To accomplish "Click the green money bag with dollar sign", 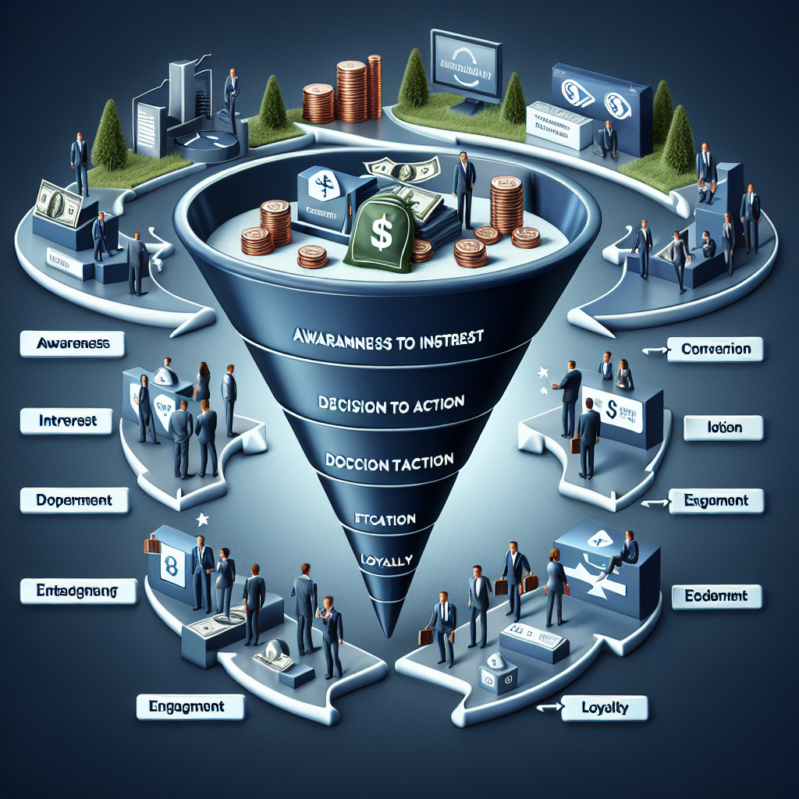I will click(381, 233).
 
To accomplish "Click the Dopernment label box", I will click(73, 500).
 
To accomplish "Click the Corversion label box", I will click(716, 349).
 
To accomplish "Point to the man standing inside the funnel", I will click(463, 187).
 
